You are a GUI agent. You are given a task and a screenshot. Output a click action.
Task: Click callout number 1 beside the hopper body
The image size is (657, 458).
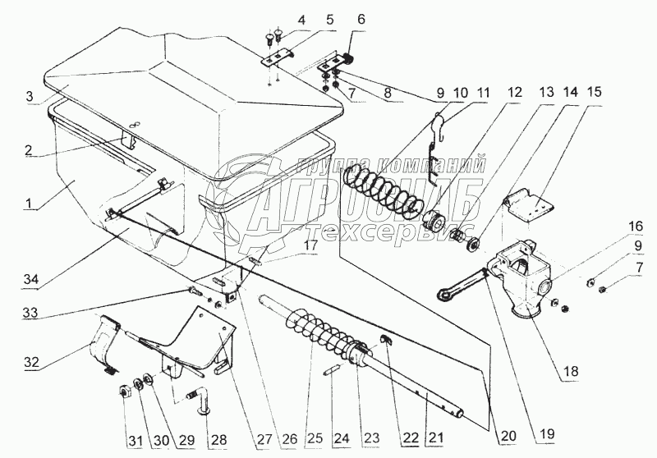(29, 204)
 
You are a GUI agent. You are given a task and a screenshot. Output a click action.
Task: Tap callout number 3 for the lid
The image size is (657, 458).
(29, 96)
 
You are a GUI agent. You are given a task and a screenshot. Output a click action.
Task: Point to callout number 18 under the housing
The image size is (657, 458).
(572, 370)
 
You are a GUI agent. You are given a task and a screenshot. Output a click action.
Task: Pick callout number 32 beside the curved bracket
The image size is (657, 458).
(30, 362)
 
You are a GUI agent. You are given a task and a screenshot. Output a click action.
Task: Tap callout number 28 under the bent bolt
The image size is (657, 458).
(218, 439)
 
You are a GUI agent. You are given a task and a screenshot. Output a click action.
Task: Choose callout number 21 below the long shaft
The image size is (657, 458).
(435, 438)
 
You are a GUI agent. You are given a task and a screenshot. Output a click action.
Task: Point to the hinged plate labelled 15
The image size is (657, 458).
(529, 207)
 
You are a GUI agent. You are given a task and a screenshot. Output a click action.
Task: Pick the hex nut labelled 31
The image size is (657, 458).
(125, 392)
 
